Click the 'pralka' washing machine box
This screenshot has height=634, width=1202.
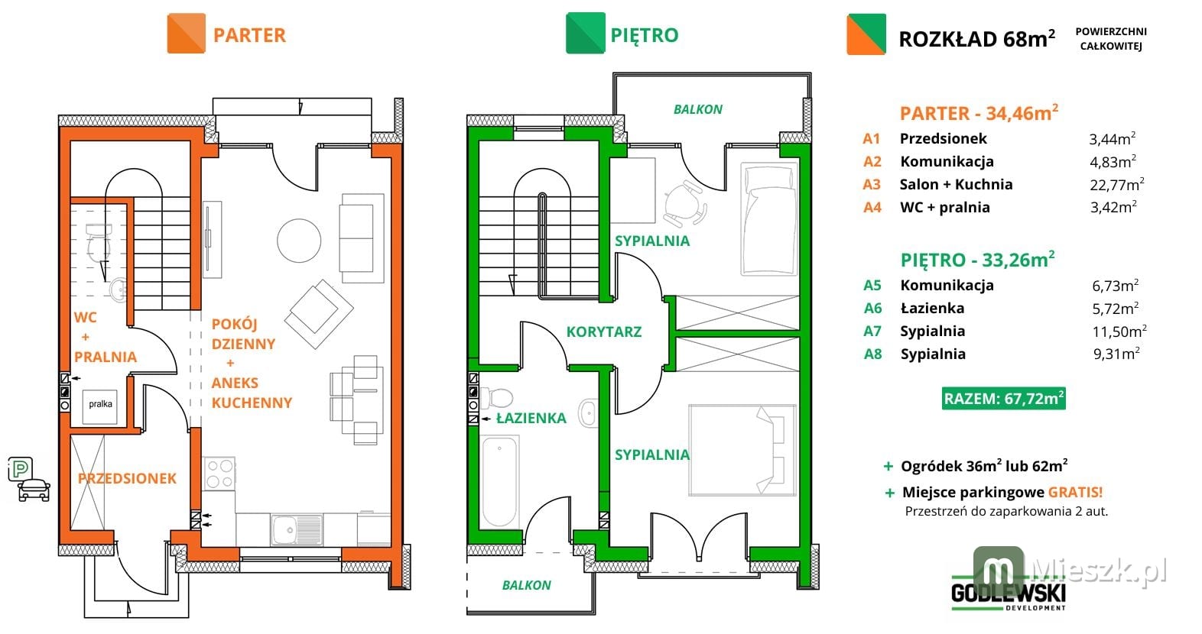[100, 407]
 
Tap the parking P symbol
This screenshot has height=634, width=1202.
[21, 470]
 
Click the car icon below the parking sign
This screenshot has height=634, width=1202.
[34, 490]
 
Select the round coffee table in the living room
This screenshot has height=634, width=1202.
[299, 241]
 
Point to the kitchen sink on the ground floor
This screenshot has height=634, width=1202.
[297, 529]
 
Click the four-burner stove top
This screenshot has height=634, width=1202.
[219, 474]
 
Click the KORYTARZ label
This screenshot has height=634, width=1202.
[604, 332]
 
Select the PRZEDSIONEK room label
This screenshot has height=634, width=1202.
[127, 479]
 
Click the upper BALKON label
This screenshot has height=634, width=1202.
[697, 109]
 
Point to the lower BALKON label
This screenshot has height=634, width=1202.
[526, 585]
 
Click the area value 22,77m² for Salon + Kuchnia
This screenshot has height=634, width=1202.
[1116, 184]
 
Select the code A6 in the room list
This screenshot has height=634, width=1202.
[873, 308]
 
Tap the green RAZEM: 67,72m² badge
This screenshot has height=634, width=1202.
[1003, 399]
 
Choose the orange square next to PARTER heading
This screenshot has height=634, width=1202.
[187, 33]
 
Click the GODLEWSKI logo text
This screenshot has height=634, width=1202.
[1009, 593]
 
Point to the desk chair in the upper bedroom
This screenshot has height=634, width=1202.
[684, 203]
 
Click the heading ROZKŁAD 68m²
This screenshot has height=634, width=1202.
[976, 39]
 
